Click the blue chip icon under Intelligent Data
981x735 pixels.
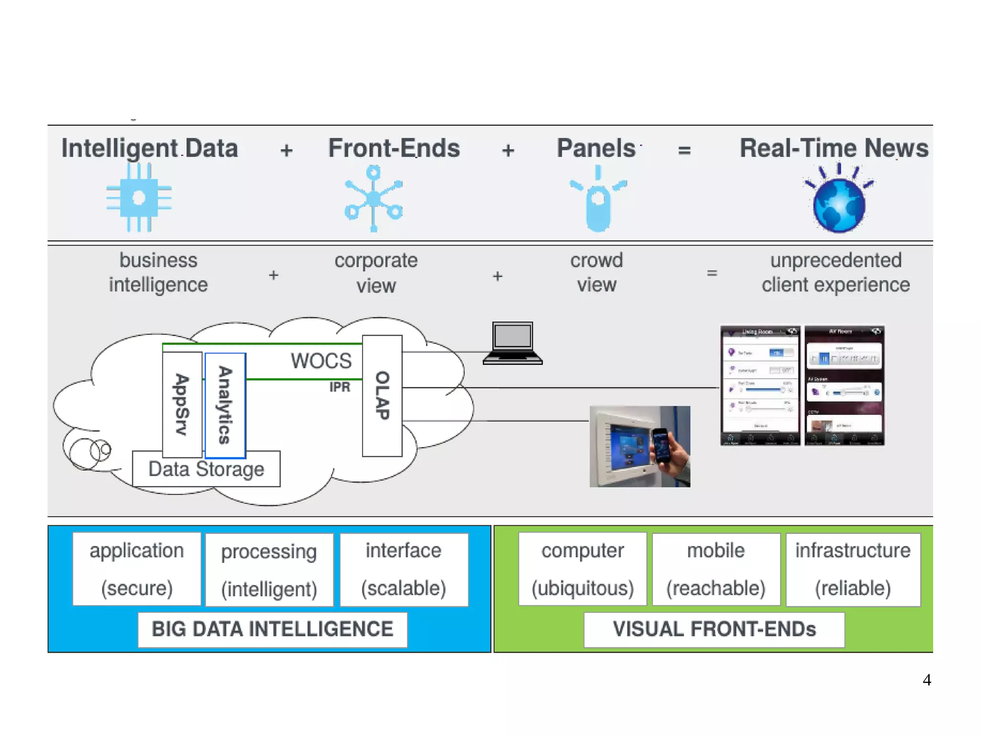coord(139,197)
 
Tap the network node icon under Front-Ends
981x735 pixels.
coord(374,198)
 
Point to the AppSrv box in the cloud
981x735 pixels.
coord(182,405)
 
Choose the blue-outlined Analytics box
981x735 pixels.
coord(225,405)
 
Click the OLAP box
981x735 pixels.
coord(382,396)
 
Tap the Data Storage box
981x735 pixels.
coord(206,469)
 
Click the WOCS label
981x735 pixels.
coord(321,361)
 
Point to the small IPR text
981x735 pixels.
coord(340,387)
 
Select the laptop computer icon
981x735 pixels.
coord(513,343)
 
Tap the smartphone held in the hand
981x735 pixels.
coord(662,445)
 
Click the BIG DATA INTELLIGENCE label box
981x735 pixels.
coord(273,629)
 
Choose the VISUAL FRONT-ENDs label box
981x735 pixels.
coord(714,629)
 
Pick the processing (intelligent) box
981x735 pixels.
coord(269,570)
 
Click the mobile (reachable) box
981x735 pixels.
coord(716,569)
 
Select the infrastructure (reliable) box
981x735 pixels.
coord(853,569)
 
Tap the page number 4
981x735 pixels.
coord(927,680)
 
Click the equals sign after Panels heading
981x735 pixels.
coord(684,150)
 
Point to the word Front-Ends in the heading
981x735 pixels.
coord(394,148)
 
